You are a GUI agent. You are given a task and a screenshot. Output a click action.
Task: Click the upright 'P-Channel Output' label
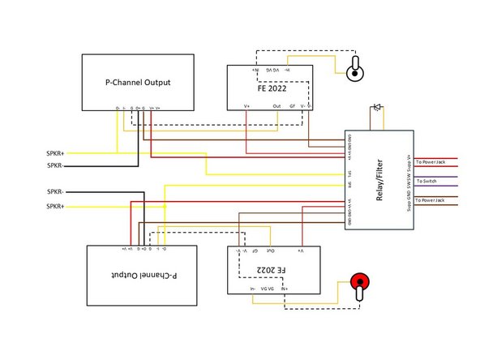[138, 82]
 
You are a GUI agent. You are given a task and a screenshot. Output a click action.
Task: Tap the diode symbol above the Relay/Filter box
[376, 107]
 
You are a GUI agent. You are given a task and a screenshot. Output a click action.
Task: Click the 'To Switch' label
[426, 181]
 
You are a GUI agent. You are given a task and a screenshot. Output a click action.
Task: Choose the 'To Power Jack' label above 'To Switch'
[431, 162]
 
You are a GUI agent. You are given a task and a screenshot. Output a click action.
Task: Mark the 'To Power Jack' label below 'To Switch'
[431, 199]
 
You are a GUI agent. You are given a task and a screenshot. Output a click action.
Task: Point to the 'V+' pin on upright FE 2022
[246, 105]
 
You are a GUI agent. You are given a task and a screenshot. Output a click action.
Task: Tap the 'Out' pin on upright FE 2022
[276, 105]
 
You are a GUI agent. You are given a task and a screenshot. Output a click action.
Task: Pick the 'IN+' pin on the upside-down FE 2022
[285, 287]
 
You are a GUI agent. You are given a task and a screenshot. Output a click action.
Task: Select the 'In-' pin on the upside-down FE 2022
[254, 287]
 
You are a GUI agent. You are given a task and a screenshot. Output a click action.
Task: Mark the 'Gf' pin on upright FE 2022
[292, 105]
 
